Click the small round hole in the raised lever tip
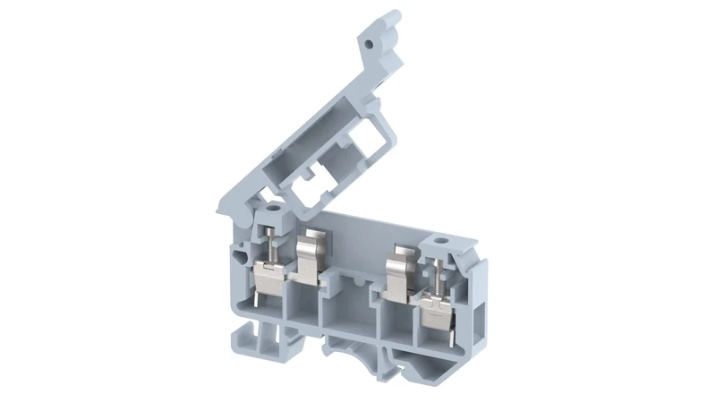pos(369,41)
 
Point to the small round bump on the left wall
pos(240,258)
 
